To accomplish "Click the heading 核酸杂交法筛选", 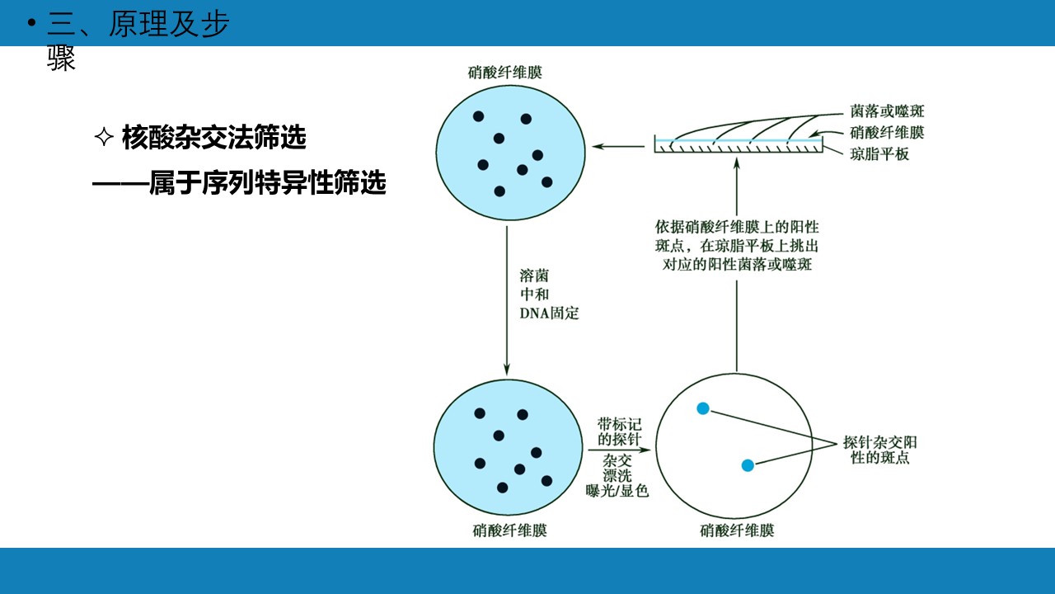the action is tap(213, 138).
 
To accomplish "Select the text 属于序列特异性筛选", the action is tap(268, 182).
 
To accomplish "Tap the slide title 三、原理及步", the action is tap(138, 24).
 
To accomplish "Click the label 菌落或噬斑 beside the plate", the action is tap(887, 111).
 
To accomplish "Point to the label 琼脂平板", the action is tap(879, 154).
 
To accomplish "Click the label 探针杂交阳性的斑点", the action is tap(879, 450).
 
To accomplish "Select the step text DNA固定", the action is tap(549, 313).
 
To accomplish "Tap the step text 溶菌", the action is tap(534, 276).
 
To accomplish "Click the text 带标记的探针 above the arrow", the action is tap(619, 431).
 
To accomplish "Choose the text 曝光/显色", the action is tap(617, 491).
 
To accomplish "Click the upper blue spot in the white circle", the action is tap(703, 408).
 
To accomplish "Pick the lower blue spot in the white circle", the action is tap(748, 466).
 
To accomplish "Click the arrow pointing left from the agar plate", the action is tap(618, 147).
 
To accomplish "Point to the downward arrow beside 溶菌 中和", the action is tap(507, 301).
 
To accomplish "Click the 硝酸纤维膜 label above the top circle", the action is tap(505, 72).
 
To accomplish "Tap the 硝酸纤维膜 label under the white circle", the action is tap(737, 530).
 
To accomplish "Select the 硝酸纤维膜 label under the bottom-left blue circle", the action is tap(509, 530).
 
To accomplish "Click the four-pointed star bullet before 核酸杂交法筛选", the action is tap(104, 137).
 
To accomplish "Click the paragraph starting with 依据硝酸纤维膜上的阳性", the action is tap(737, 246).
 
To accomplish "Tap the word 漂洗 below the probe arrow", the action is tap(617, 475).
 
